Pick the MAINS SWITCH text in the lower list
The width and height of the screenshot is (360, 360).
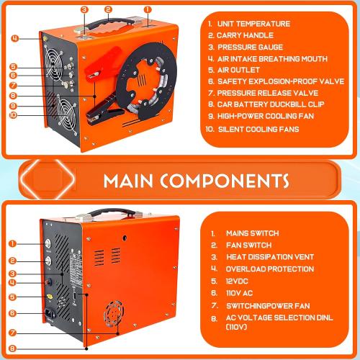(x=253, y=233)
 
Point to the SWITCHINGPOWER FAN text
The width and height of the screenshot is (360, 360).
(x=268, y=303)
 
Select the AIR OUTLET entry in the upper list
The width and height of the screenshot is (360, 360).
(x=243, y=71)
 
